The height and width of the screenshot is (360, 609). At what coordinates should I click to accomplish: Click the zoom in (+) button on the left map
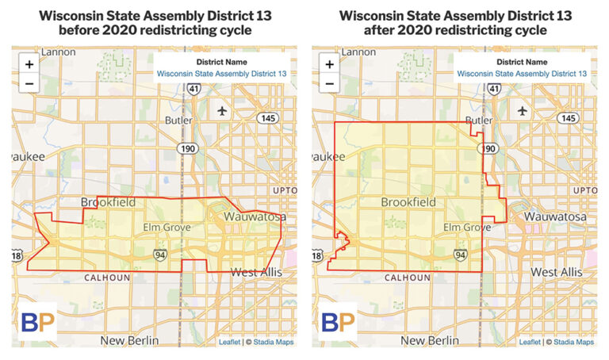coord(29,64)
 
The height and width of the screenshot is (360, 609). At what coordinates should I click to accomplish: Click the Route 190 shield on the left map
coord(190,148)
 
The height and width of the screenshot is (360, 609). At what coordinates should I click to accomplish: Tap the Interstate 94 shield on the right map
coord(459,255)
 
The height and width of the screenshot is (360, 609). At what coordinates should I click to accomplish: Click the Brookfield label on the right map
coord(408,203)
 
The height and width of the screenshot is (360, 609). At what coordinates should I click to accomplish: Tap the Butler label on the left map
coord(179,121)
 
